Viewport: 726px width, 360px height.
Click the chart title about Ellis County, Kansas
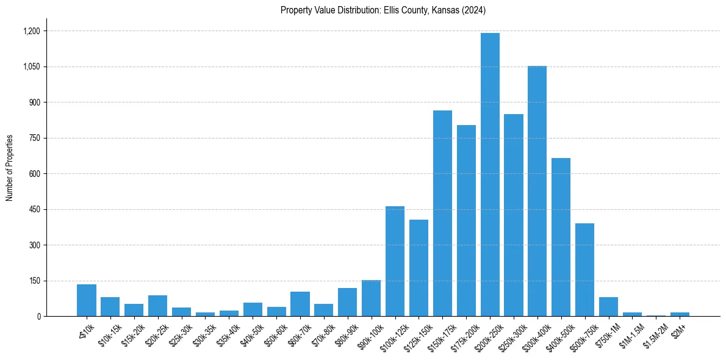click(383, 10)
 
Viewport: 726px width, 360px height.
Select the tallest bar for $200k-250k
click(490, 175)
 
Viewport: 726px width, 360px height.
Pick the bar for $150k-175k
click(442, 214)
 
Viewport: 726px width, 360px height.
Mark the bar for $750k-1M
click(608, 306)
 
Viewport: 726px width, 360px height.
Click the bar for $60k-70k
click(300, 304)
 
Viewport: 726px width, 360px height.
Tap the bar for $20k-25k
click(157, 306)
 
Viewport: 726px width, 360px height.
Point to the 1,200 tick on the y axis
click(32, 31)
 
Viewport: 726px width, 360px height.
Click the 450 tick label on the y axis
click(34, 209)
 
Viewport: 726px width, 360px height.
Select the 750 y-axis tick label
click(34, 138)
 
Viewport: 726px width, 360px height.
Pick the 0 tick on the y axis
click(38, 316)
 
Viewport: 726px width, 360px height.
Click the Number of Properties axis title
click(10, 168)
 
